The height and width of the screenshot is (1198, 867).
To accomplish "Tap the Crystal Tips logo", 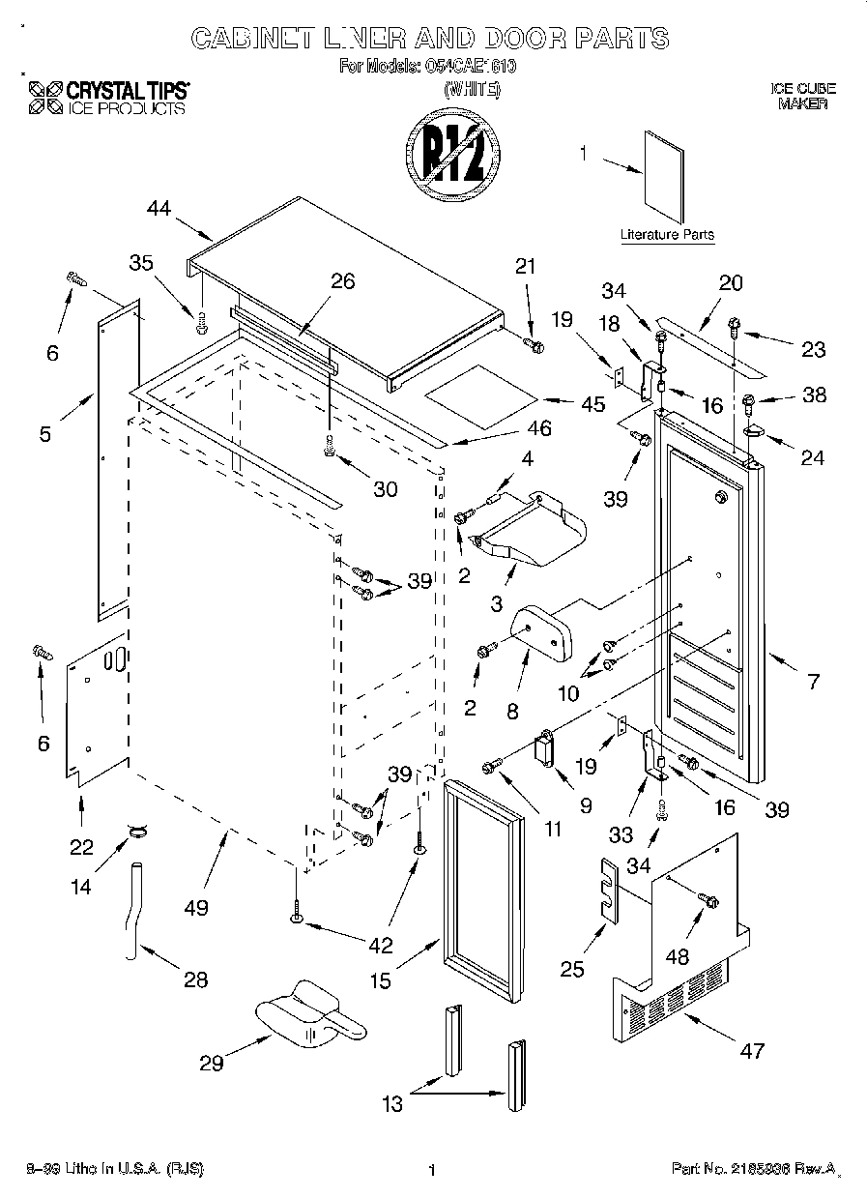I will (107, 99).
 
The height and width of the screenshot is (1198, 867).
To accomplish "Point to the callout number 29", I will (212, 1063).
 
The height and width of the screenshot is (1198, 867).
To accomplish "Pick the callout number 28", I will (195, 979).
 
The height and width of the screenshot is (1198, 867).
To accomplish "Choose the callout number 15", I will (381, 980).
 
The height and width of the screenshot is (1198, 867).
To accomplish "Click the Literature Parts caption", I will (667, 235).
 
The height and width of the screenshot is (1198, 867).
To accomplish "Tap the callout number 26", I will (342, 281).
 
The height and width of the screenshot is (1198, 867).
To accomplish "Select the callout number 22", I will (81, 847).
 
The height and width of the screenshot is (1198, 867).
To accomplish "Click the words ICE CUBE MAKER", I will (802, 96).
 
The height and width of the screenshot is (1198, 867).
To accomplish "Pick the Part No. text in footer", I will (752, 1170).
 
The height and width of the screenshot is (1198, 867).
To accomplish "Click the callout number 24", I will (813, 457).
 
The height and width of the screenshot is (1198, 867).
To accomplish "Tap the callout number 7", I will (813, 682).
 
